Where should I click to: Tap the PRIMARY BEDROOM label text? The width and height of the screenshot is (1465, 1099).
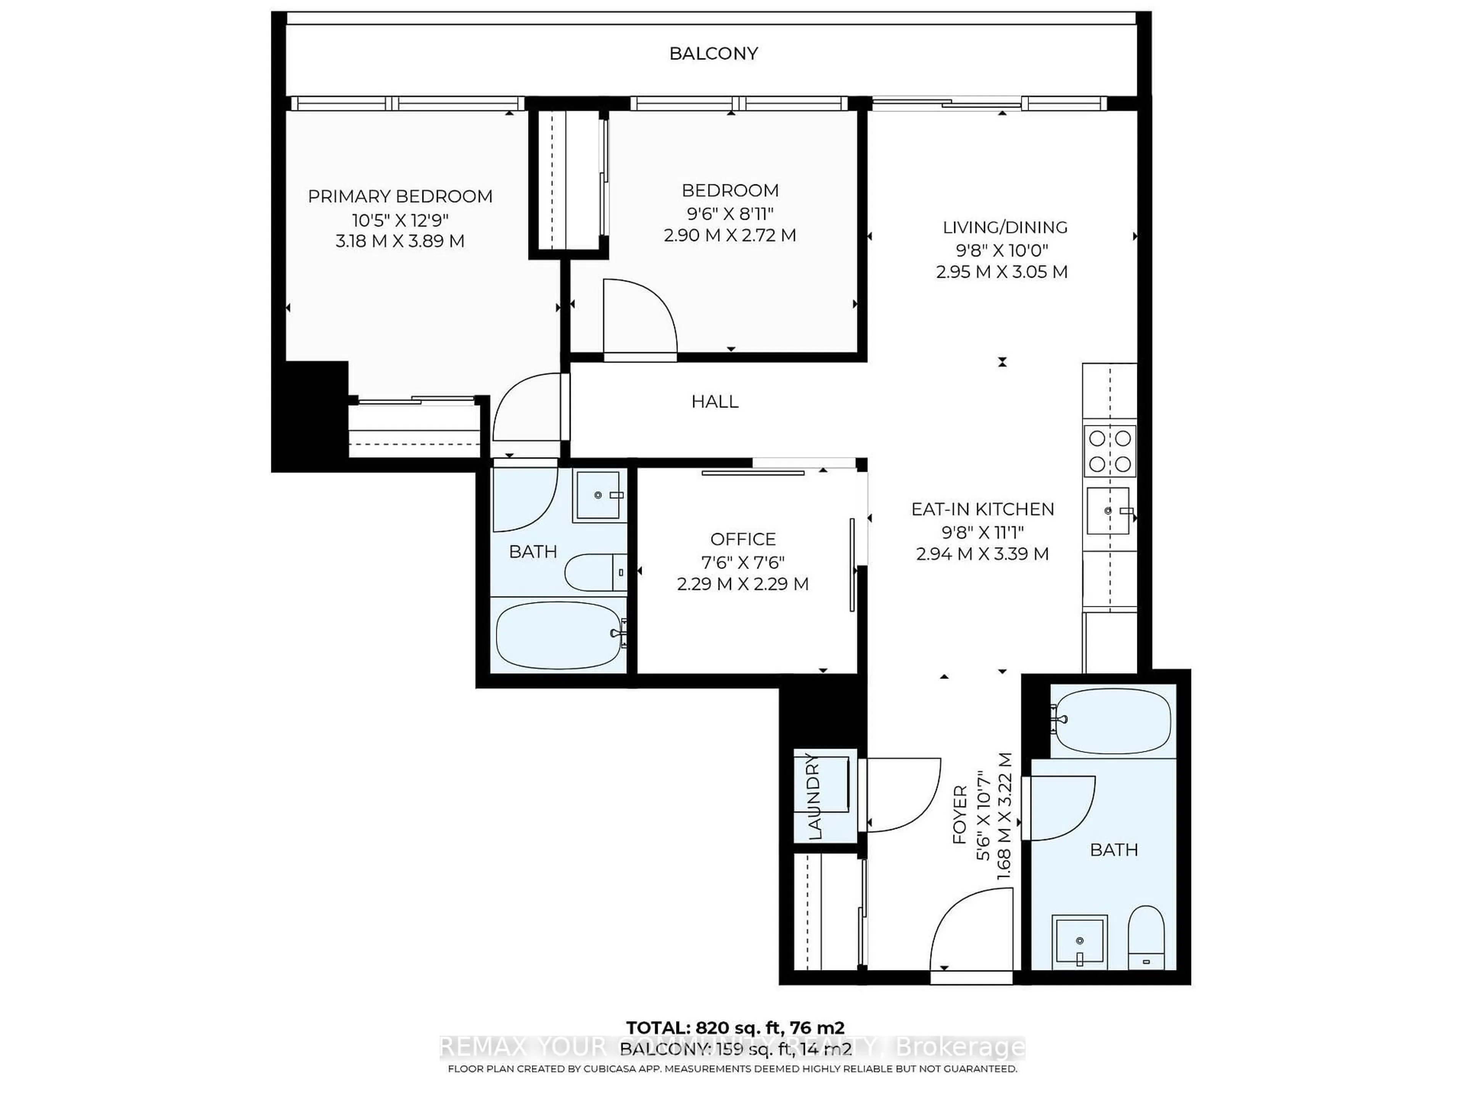(x=400, y=197)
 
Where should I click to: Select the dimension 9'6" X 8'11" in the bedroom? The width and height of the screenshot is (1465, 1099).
(x=730, y=213)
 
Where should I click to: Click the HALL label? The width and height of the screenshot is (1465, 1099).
(x=715, y=401)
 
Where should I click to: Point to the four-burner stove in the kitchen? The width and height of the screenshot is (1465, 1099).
(x=1110, y=451)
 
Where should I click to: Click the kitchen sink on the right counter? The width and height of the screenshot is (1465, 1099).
(x=1108, y=511)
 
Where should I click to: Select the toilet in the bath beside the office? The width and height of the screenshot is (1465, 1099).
(x=595, y=572)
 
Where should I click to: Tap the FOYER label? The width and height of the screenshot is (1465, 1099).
(x=959, y=815)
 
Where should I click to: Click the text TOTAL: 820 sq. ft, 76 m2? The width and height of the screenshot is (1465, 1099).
(x=735, y=1028)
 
